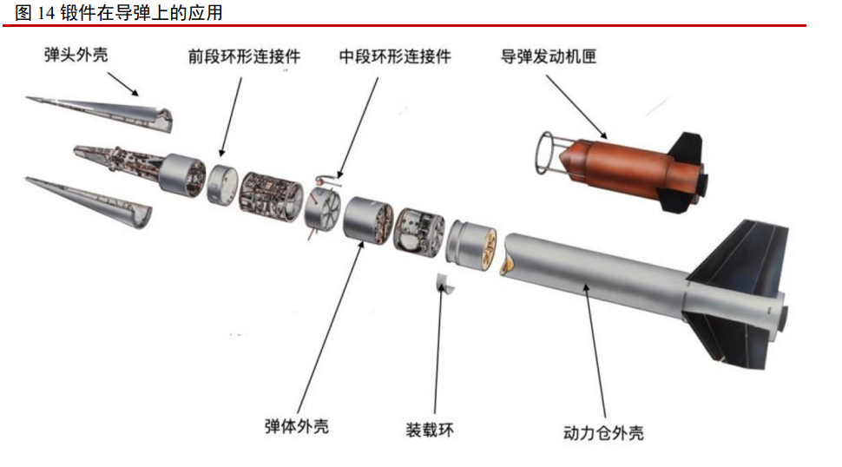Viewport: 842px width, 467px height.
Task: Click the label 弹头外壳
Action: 76,55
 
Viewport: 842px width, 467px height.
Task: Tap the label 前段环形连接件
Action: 244,56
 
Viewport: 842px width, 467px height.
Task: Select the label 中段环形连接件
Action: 395,56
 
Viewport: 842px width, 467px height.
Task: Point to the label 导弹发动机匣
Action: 549,56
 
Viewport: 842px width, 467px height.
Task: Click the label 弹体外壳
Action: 296,426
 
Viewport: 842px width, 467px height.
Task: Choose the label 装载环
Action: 430,430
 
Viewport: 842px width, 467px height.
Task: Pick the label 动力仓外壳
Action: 603,432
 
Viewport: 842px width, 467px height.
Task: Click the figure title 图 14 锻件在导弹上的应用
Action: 119,13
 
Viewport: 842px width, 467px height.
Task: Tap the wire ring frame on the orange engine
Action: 538,153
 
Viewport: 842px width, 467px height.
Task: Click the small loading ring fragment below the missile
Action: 444,284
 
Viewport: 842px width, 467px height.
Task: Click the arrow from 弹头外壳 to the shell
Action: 123,84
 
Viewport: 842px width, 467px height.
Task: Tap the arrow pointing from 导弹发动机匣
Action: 576,107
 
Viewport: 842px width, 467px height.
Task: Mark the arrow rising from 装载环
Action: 438,348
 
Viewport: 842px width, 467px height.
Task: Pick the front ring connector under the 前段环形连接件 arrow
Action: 222,184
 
